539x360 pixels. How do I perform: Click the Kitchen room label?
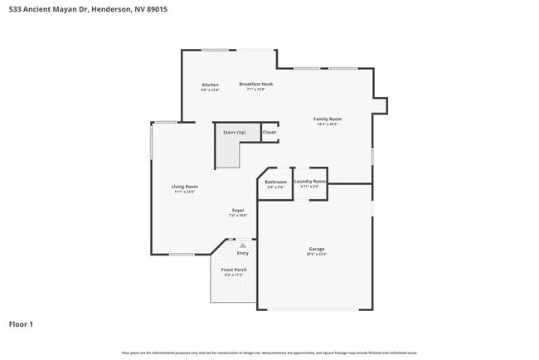coord(210,85)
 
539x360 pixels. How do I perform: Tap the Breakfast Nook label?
coord(256,84)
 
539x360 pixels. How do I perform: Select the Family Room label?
coord(328,119)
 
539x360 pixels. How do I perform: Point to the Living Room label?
coord(184,187)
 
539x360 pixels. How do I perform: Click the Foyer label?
coord(238,211)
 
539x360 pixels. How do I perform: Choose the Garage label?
coord(317,249)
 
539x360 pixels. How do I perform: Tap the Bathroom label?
coord(275,182)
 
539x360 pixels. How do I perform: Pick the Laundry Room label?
coord(309,181)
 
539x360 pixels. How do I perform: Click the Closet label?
coord(269,133)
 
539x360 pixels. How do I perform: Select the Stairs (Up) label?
coord(234,133)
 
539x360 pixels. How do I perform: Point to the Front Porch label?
coord(234,270)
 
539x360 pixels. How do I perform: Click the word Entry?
coord(242,253)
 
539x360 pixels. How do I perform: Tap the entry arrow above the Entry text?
coord(242,246)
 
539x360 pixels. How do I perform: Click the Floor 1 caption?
coord(21,324)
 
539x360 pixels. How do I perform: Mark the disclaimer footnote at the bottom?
coord(269,353)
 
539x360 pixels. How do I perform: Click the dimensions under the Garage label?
coord(317,254)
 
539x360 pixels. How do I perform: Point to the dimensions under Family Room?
coord(328,124)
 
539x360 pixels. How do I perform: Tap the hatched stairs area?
coord(226,152)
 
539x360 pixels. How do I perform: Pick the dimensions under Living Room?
coord(184,192)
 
